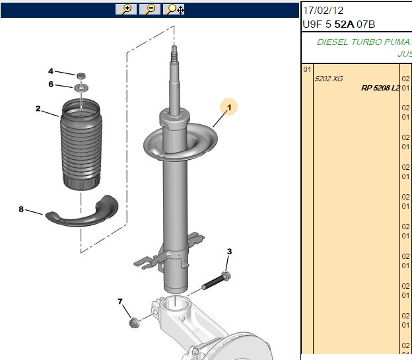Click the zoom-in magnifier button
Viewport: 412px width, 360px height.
click(x=126, y=9)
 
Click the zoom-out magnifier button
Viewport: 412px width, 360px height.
click(x=150, y=9)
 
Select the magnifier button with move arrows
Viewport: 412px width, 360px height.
click(x=174, y=9)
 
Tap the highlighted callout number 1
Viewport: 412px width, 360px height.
click(x=229, y=107)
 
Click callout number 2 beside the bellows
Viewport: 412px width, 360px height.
click(x=38, y=108)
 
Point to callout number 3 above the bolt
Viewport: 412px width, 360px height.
click(x=229, y=252)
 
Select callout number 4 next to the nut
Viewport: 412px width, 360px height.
click(x=51, y=71)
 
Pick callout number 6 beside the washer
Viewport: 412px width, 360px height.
click(x=51, y=84)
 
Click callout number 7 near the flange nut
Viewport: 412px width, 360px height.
click(x=120, y=301)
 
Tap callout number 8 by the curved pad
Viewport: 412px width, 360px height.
click(x=21, y=209)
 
